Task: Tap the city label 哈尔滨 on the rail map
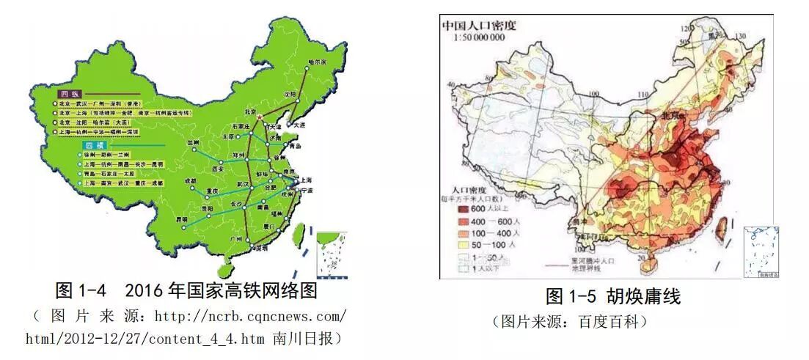317,62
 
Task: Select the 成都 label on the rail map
191,179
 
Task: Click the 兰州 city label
193,142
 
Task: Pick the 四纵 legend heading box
70,95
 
